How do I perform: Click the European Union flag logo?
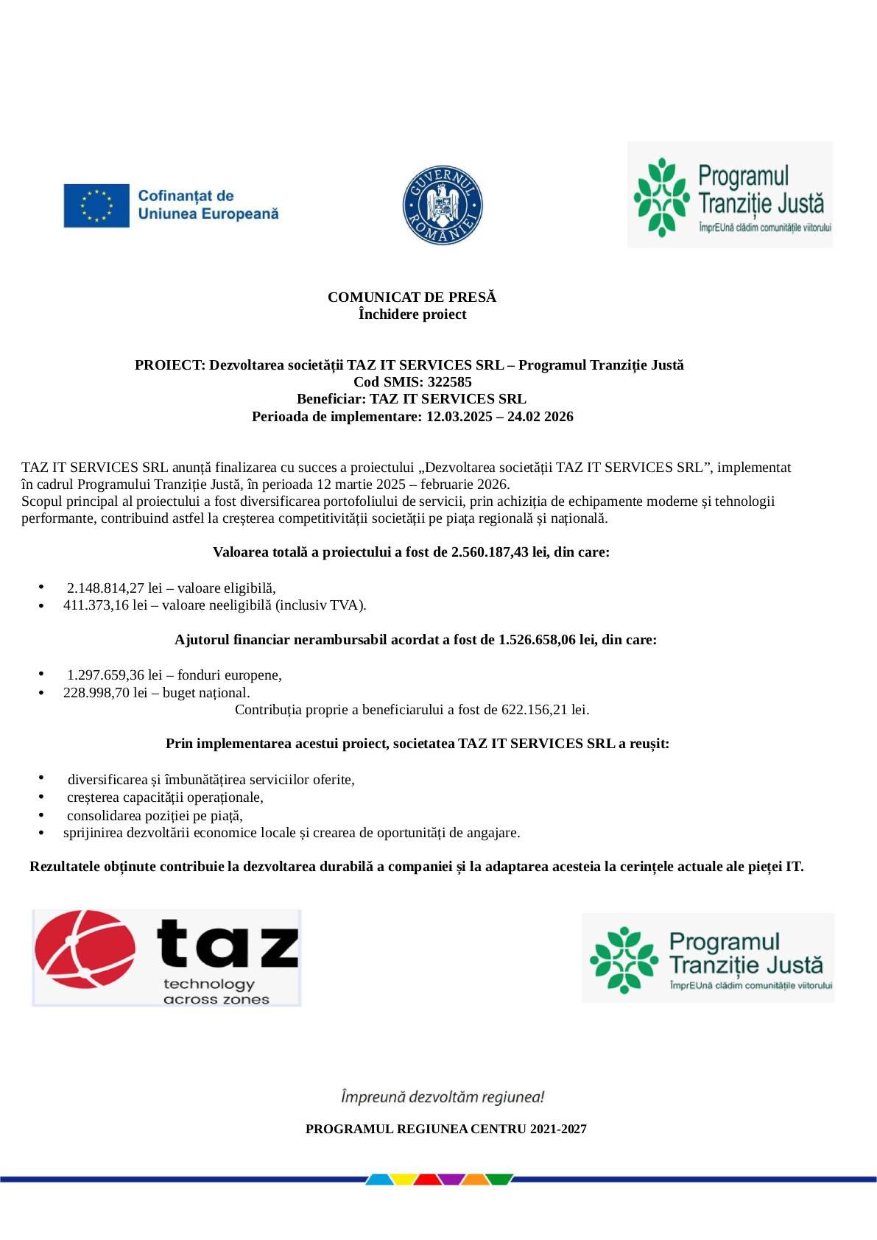pos(96,205)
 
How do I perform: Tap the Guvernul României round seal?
pos(442,205)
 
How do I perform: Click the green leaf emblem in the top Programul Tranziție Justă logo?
pos(661,197)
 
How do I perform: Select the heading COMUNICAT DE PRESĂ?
pos(412,297)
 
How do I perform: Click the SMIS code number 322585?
pos(449,381)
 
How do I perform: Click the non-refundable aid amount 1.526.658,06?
pos(536,639)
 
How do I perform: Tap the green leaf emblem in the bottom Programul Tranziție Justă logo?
pos(623,959)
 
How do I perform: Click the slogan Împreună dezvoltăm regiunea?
pos(442,1096)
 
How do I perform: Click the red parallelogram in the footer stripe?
pos(428,1179)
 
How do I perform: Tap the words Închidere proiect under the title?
pos(412,314)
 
